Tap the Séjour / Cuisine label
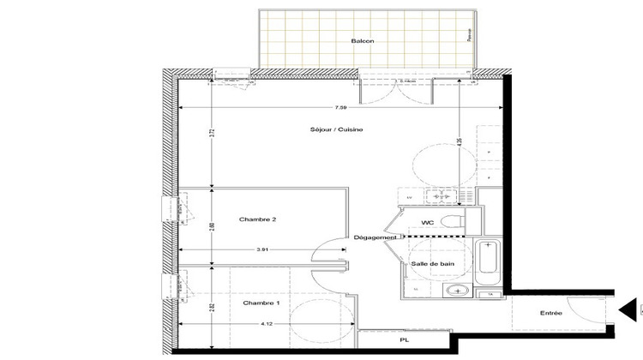[338, 129]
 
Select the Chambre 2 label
[257, 219]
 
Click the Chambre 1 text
[260, 303]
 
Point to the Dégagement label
[375, 237]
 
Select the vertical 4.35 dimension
[461, 141]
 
